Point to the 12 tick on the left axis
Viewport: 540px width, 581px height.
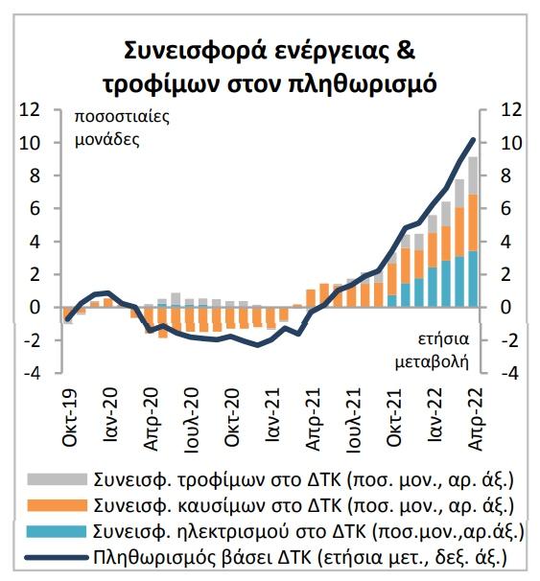30,109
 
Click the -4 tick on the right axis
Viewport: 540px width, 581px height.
508,373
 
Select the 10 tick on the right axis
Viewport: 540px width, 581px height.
511,143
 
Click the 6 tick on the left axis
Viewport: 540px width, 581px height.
35,209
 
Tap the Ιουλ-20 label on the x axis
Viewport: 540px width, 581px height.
192,419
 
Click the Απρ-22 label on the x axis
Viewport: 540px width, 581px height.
477,419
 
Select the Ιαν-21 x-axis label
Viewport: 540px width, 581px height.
273,414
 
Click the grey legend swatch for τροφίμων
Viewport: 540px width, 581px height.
57,479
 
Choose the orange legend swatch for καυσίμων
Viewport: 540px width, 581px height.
57,505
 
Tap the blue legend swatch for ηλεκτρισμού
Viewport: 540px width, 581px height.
57,531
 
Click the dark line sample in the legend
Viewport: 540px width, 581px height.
57,557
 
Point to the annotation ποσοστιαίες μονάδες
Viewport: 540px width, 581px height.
122,128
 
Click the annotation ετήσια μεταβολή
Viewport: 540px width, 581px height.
432,351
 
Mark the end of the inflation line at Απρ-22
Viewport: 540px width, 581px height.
473,139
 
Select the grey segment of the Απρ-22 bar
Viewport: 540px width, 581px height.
473,175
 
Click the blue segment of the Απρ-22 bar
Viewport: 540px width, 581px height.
473,279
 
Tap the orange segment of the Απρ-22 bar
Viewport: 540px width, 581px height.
473,222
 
